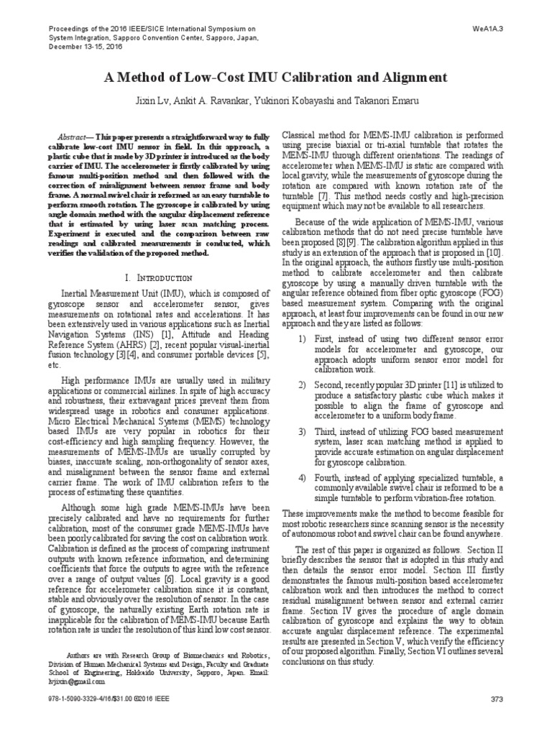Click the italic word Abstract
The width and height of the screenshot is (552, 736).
[x=77, y=137]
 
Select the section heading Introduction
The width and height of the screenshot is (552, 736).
[x=162, y=277]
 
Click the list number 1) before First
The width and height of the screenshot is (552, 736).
[x=302, y=339]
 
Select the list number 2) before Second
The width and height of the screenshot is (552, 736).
[x=302, y=386]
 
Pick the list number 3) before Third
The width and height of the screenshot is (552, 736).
[x=302, y=433]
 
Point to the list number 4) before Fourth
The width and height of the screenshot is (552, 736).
[x=302, y=479]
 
